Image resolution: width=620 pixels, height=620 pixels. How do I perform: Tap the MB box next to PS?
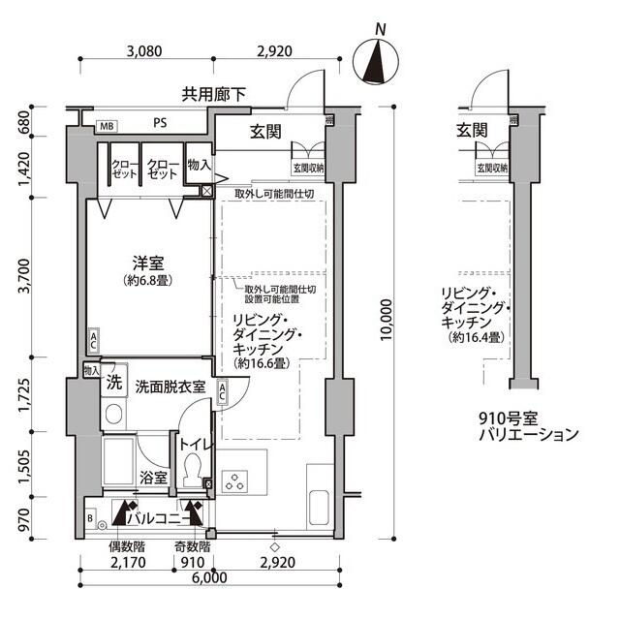pyautogui.click(x=105, y=125)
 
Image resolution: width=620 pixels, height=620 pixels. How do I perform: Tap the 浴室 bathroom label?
pyautogui.click(x=153, y=478)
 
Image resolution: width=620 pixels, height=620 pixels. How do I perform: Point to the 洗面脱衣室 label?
pyautogui.click(x=170, y=386)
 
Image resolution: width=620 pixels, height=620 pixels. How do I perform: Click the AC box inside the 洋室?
pyautogui.click(x=93, y=340)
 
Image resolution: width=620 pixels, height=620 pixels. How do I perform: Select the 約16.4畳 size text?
pyautogui.click(x=474, y=337)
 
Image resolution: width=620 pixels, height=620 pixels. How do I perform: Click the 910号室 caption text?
pyautogui.click(x=513, y=418)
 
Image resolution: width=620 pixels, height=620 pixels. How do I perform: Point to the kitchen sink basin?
pyautogui.click(x=321, y=506)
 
